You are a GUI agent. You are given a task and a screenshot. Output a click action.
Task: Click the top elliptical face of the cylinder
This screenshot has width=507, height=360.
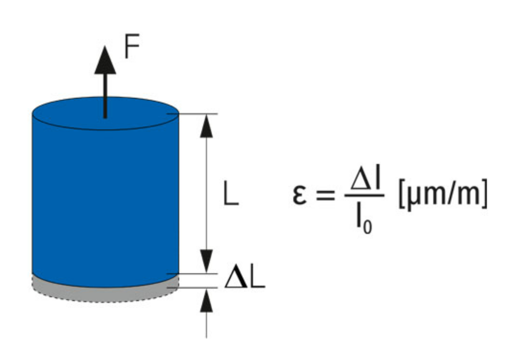pyautogui.click(x=105, y=113)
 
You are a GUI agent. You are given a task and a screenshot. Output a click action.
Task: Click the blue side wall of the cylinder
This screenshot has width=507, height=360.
pyautogui.click(x=105, y=201)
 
